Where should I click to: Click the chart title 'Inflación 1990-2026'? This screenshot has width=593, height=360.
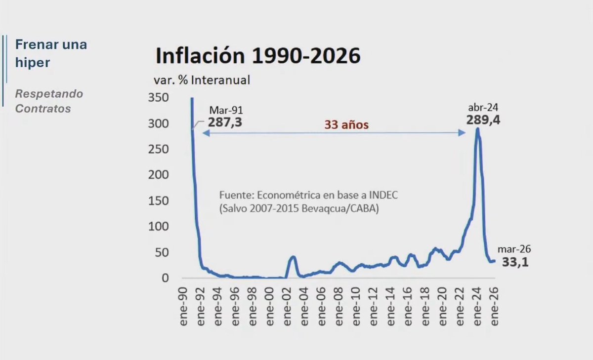tap(258, 56)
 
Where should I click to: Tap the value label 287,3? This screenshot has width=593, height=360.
tap(225, 122)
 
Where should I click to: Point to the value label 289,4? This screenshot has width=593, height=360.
tap(483, 120)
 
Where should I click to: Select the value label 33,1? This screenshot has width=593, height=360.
tap(515, 262)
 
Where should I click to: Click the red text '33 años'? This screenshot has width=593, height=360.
tap(346, 125)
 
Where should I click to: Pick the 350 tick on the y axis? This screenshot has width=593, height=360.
tap(158, 98)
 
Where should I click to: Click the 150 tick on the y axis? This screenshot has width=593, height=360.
tap(158, 201)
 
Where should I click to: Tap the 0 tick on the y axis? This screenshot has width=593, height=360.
tap(165, 278)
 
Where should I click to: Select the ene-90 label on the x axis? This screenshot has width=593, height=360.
tap(183, 307)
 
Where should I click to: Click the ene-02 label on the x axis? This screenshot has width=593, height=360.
tap(287, 307)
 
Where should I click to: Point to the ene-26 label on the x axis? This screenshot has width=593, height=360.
tap(495, 307)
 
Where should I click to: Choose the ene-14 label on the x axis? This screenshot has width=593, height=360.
tap(391, 307)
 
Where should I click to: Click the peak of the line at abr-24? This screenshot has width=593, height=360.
tap(477, 129)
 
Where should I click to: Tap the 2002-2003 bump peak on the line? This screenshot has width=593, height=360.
tap(293, 256)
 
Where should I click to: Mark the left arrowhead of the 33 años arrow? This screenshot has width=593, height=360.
tap(206, 133)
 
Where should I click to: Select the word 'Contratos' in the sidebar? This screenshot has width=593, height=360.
tap(43, 109)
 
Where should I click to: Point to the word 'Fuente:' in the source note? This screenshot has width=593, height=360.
tap(237, 195)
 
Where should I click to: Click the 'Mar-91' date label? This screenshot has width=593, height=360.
tap(226, 110)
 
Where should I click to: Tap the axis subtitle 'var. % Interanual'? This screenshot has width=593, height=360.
tap(202, 80)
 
